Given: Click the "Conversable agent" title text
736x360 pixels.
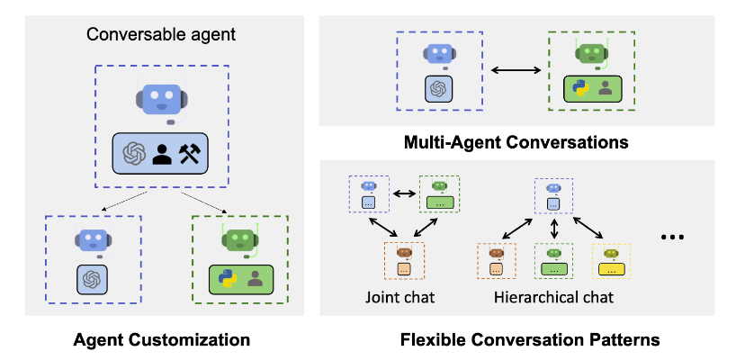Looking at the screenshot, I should tap(160, 37).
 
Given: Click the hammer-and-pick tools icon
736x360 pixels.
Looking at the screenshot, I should tap(193, 155).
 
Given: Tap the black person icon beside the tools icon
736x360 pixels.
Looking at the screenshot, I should tap(162, 155).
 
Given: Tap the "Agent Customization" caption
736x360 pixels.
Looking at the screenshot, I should tap(161, 340).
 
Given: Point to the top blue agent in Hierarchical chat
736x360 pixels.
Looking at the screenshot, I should tap(553, 194).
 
